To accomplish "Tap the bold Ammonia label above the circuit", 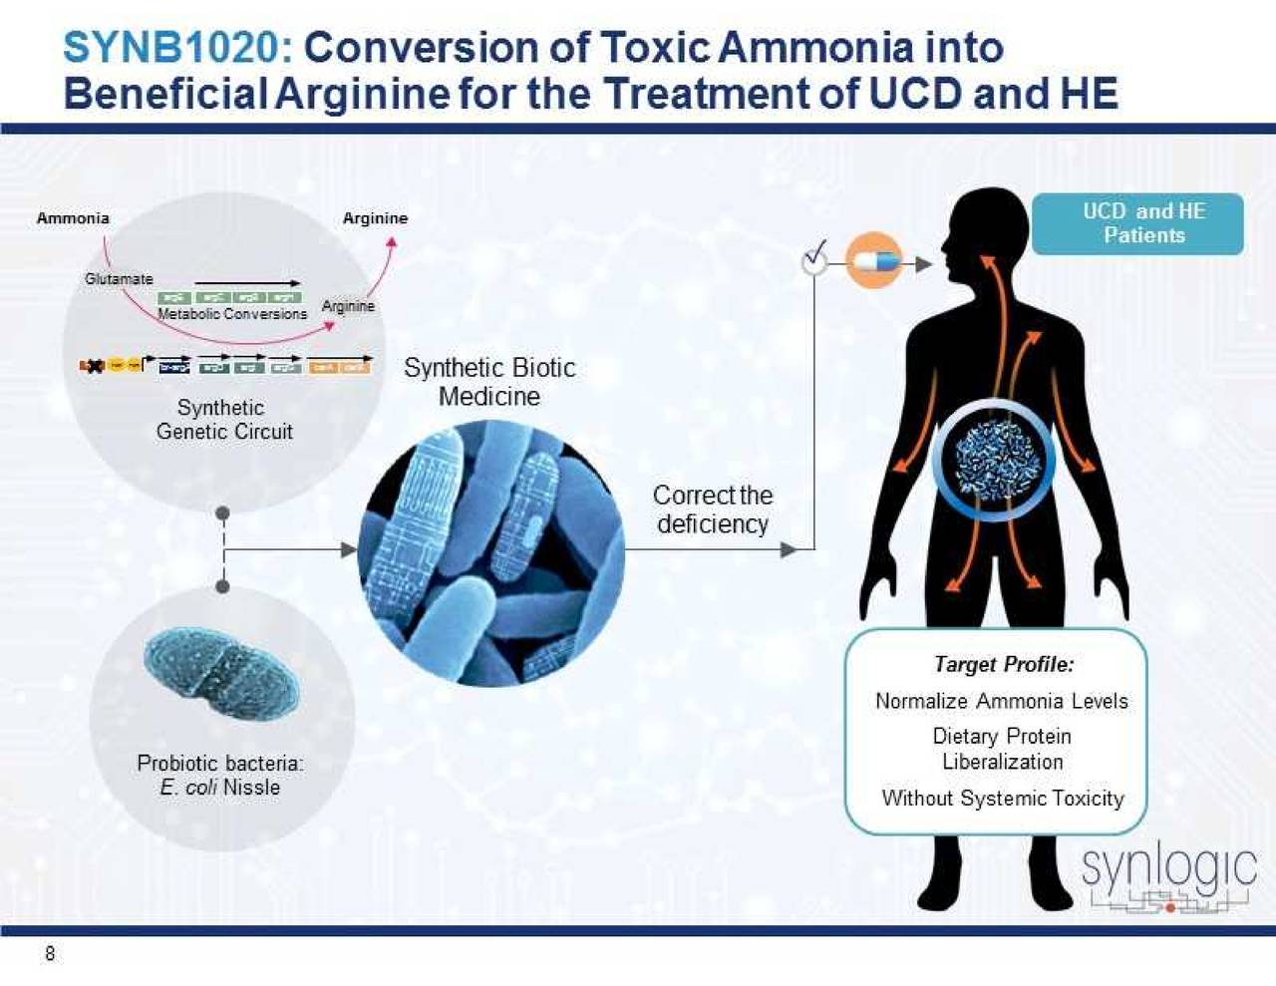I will tap(73, 218).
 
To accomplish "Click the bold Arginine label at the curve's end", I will tap(375, 218).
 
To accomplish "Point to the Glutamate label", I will tap(119, 279).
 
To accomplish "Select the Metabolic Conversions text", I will tap(232, 314).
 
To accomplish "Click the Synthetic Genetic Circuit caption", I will tap(223, 420).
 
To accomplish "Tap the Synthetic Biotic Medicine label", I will tap(489, 382).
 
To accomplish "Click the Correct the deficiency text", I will tap(713, 509).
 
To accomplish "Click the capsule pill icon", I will tap(874, 262).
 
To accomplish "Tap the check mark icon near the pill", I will tap(816, 256).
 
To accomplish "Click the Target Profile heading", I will tap(1003, 664).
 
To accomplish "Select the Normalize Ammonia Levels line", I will tap(1001, 702).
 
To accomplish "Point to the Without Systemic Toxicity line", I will tap(1002, 799).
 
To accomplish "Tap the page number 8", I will tap(50, 954).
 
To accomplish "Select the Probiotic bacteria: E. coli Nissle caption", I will tap(220, 775).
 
